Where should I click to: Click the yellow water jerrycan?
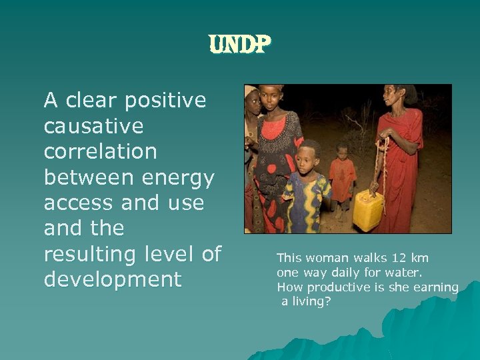pyautogui.click(x=368, y=211)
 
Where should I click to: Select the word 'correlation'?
pyautogui.click(x=100, y=151)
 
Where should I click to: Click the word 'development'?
pyautogui.click(x=112, y=279)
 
